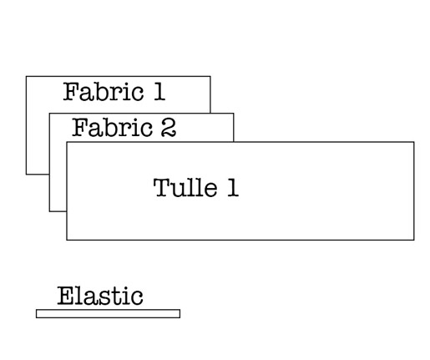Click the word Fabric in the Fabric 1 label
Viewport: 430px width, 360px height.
click(x=104, y=91)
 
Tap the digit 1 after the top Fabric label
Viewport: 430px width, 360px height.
click(x=159, y=91)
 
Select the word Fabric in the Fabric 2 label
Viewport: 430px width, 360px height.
click(x=112, y=127)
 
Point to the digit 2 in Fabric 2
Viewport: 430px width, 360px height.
click(x=169, y=128)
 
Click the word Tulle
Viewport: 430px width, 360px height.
click(x=185, y=187)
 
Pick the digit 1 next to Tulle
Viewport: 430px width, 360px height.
click(x=233, y=187)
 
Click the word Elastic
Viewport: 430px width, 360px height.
click(x=100, y=296)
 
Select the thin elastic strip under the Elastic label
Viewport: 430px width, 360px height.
click(x=108, y=313)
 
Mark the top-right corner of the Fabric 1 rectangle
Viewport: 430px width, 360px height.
click(x=210, y=76)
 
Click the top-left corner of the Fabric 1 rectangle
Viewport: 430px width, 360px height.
click(x=26, y=76)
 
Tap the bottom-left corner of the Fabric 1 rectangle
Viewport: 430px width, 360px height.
click(x=26, y=175)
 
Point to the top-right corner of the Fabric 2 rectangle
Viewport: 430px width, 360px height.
click(x=233, y=114)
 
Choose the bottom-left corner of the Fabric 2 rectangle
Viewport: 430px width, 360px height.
click(x=49, y=211)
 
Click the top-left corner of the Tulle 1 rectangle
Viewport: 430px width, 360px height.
click(x=67, y=142)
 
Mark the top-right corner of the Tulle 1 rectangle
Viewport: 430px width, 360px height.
click(x=414, y=142)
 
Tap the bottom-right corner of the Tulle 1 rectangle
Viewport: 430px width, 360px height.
click(x=414, y=240)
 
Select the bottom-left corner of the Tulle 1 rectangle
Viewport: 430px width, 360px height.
click(x=67, y=240)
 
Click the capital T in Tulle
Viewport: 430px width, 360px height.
click(x=162, y=188)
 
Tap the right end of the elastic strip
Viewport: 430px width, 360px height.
click(x=180, y=313)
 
